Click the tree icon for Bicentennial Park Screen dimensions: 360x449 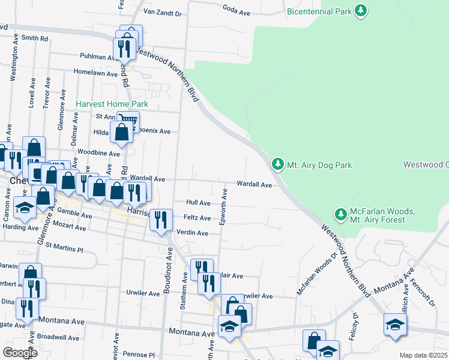coord(360,11)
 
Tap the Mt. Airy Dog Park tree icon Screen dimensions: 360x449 coord(277,164)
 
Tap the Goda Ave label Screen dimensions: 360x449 coord(236,12)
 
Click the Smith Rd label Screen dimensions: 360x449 coord(34,38)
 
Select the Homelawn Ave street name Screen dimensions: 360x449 coord(95,73)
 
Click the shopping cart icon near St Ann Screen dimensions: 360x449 coord(128,121)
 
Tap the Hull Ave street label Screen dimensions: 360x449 coord(198,203)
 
